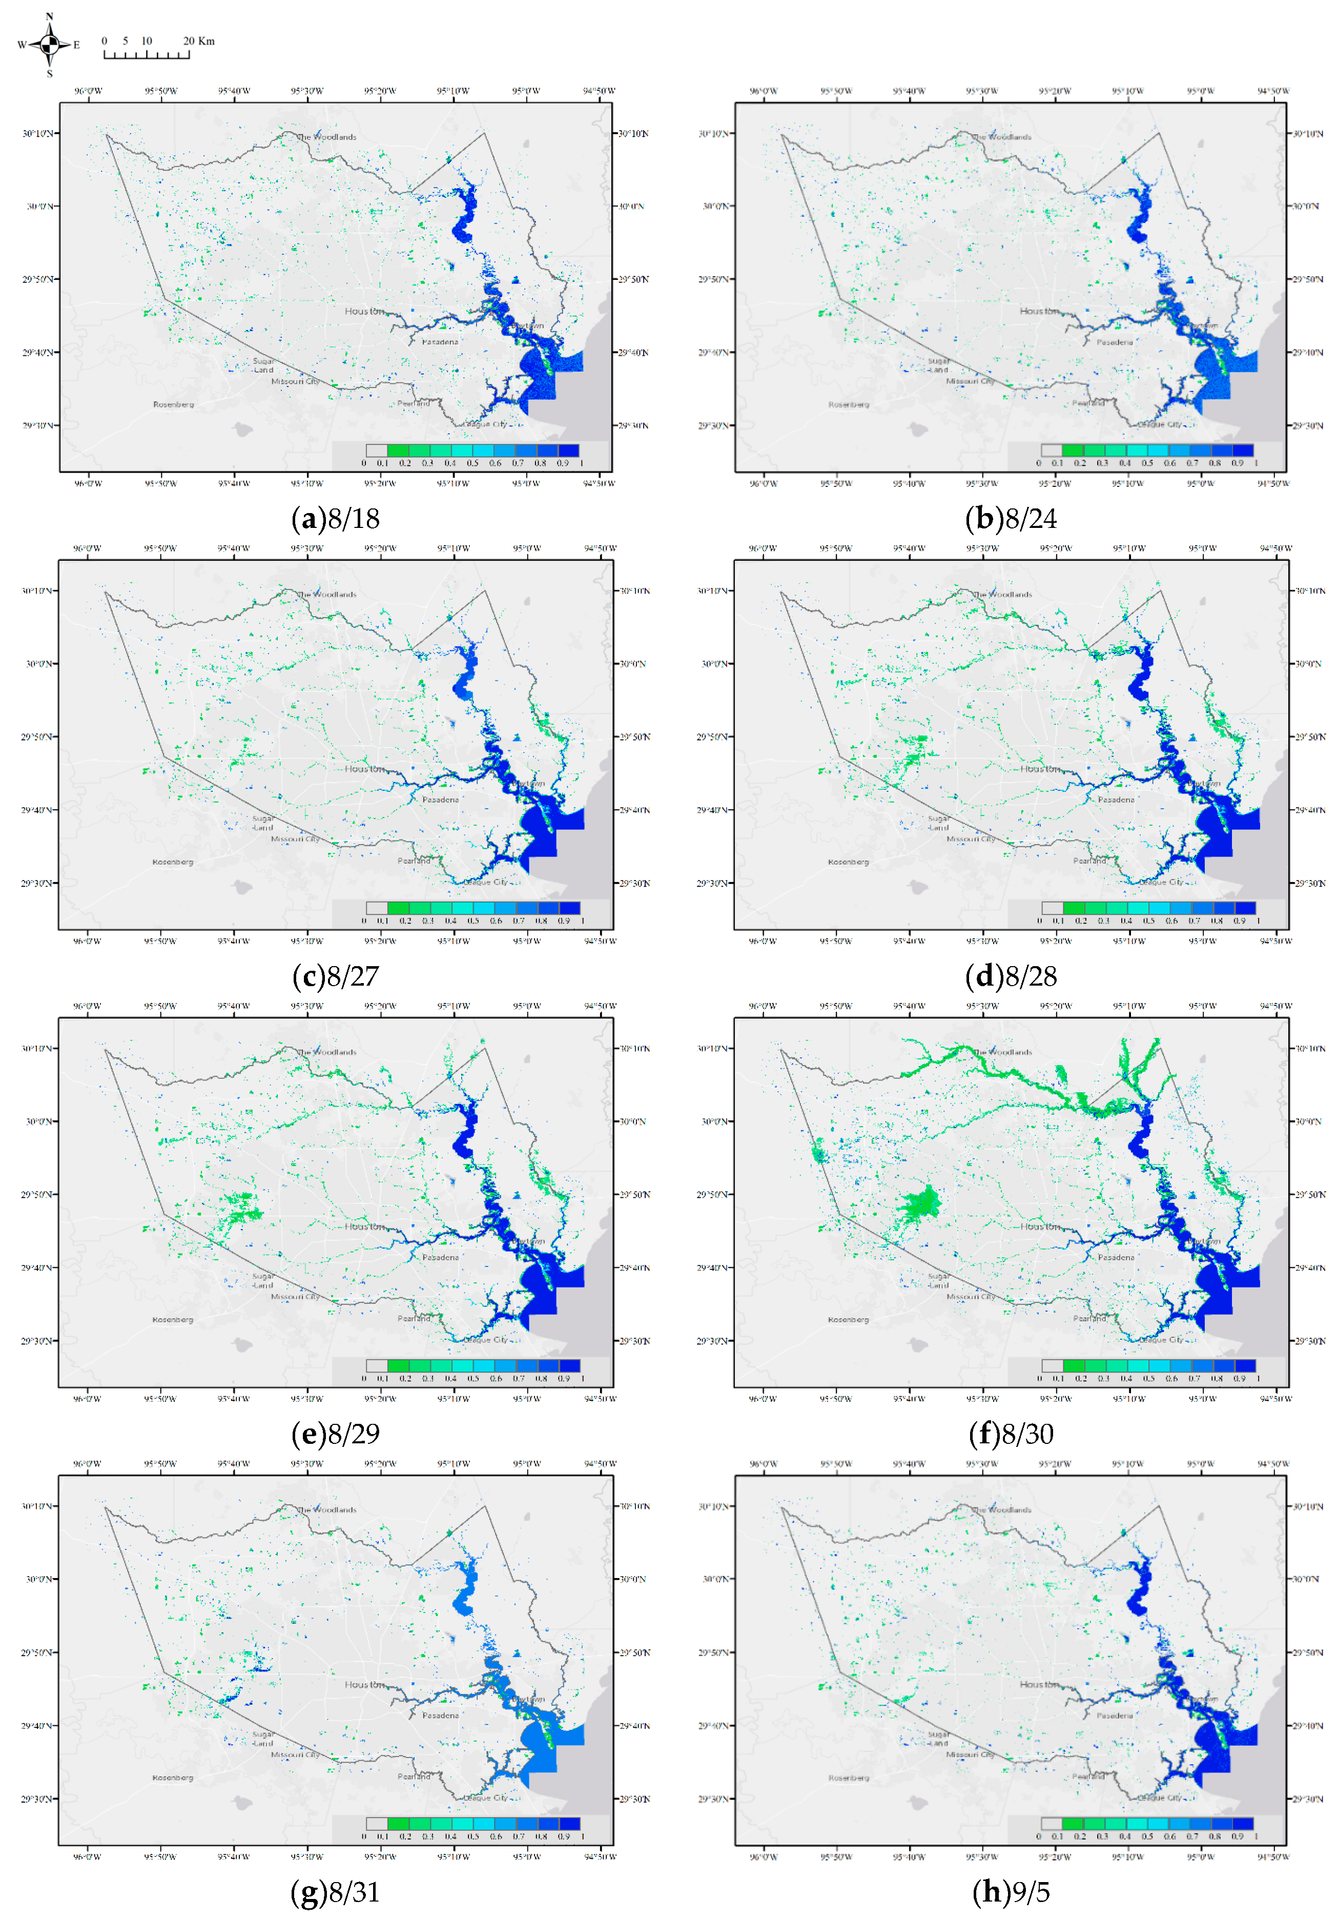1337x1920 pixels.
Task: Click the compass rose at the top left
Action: click(49, 44)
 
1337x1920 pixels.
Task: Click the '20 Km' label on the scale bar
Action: click(199, 41)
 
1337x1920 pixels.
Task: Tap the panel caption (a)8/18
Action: click(335, 519)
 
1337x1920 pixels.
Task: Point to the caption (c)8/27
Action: click(335, 976)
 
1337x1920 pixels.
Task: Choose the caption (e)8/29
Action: click(335, 1433)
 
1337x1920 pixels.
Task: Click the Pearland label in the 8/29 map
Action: click(414, 1318)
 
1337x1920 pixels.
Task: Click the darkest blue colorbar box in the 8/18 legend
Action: click(569, 451)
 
